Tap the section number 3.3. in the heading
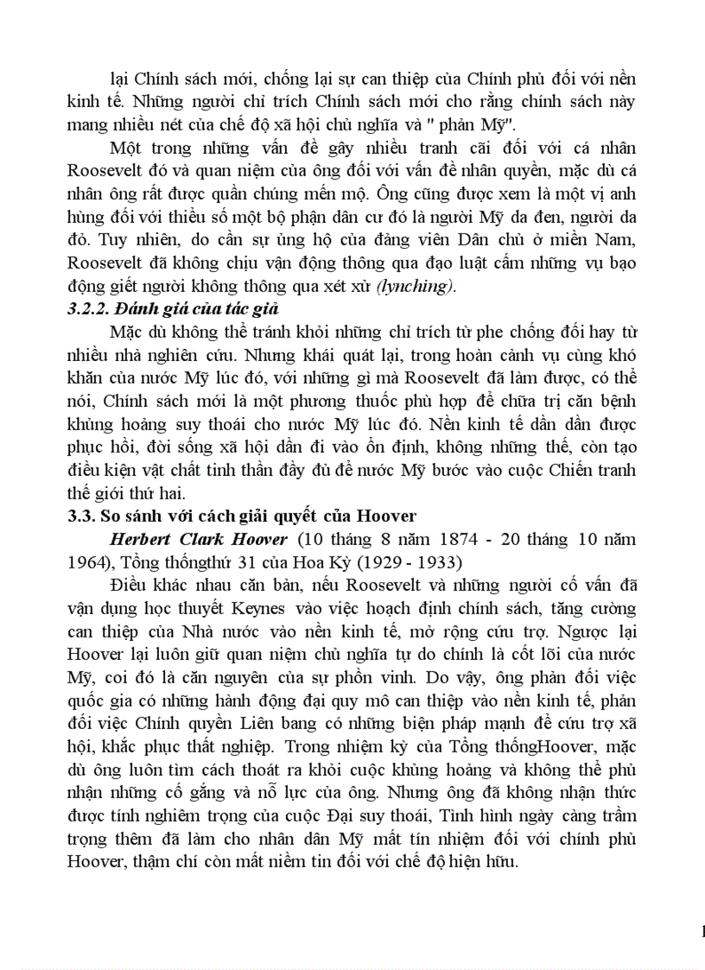pos(81,516)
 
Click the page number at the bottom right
pos(701,931)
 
